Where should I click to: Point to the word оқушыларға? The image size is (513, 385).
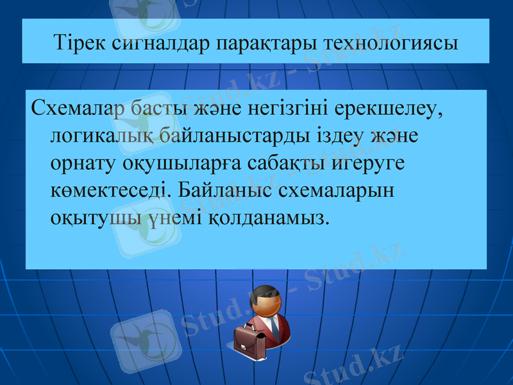coord(172,164)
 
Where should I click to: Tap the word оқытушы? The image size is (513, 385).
coord(96,218)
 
